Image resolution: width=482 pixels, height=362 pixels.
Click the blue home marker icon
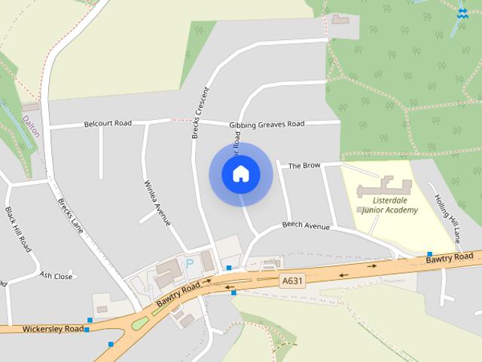[241, 174]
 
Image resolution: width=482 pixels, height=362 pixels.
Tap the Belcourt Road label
[108, 123]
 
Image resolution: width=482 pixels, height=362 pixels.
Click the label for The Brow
[304, 165]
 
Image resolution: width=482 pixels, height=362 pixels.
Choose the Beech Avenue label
[306, 225]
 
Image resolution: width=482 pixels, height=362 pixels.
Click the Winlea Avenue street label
[157, 201]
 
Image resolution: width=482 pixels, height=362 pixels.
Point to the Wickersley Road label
[53, 329]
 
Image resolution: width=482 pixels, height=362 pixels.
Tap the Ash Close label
[56, 276]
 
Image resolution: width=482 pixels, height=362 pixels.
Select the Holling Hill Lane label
[447, 218]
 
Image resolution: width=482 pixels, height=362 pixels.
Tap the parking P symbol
[190, 264]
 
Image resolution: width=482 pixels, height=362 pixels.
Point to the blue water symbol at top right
[462, 13]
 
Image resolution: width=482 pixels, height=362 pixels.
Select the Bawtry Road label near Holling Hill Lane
[449, 259]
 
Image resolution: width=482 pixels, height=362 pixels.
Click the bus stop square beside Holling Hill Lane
[429, 254]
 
